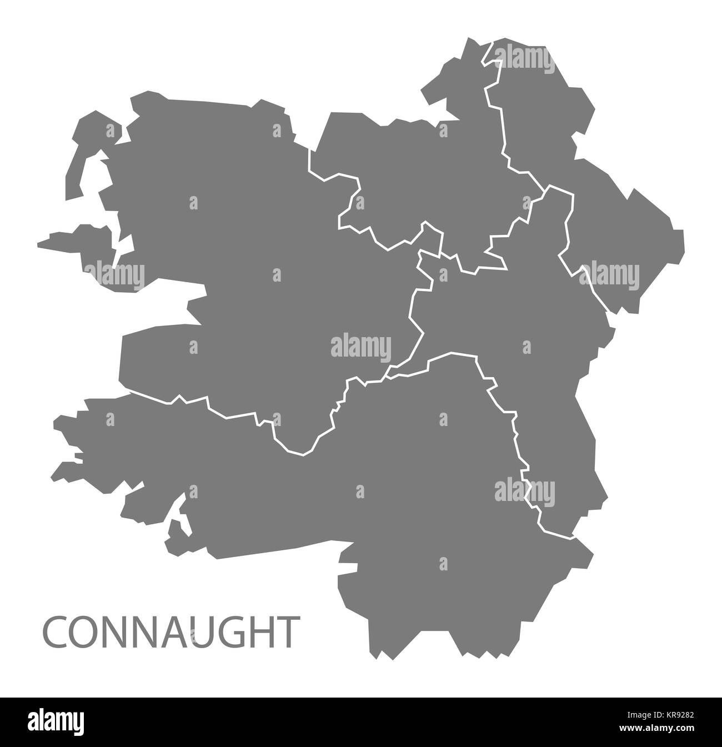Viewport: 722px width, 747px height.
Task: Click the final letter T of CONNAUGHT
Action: pos(284,631)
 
